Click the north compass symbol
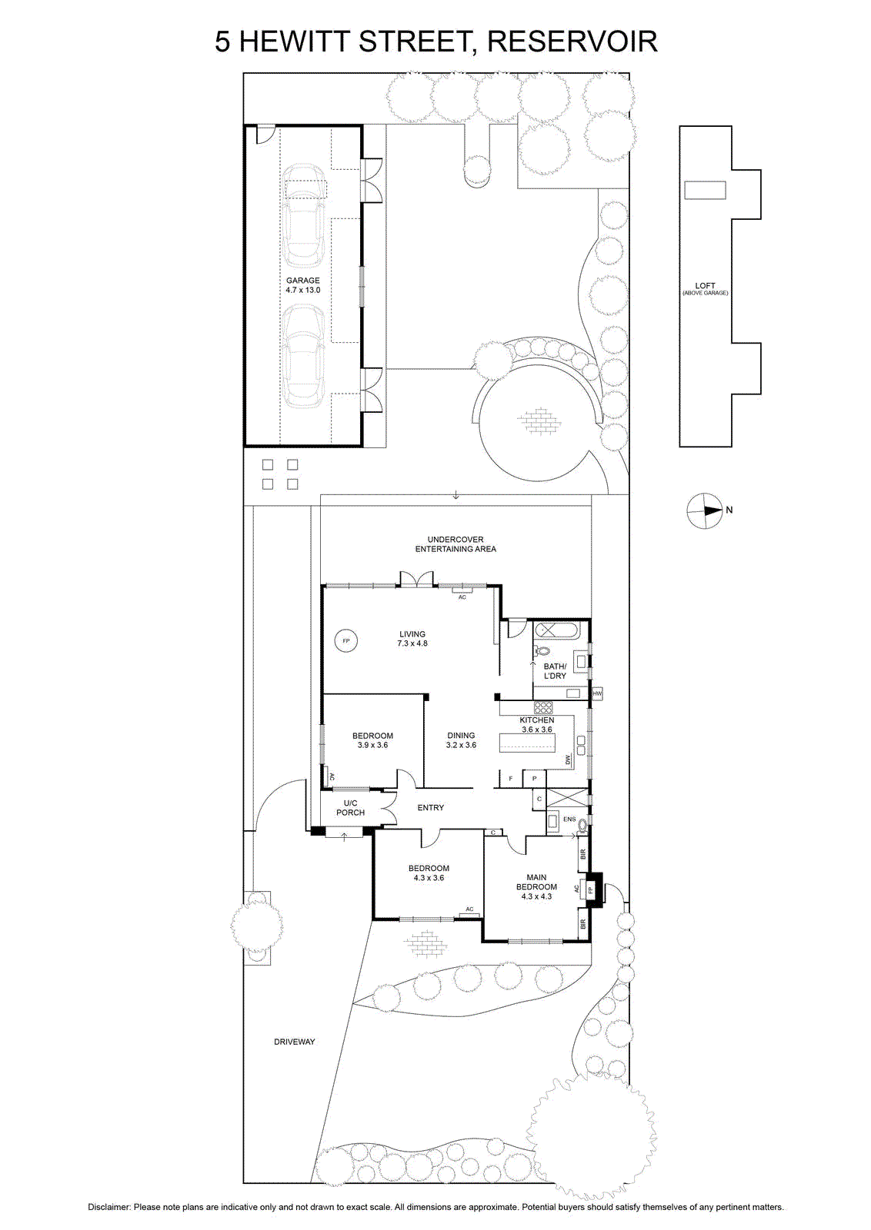(705, 510)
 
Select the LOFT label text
(705, 285)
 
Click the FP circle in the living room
(345, 641)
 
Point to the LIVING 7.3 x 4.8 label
(412, 639)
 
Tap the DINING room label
(461, 740)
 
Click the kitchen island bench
(527, 745)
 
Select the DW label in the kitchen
(568, 760)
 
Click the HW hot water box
(597, 693)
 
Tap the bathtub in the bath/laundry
(556, 630)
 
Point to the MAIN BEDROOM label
(536, 887)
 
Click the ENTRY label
(430, 808)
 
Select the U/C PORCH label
(350, 808)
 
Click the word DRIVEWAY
(295, 1042)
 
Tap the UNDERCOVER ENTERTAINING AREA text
(456, 544)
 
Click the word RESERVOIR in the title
(572, 42)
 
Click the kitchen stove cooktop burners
(543, 708)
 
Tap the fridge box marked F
(510, 779)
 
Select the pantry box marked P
(533, 779)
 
